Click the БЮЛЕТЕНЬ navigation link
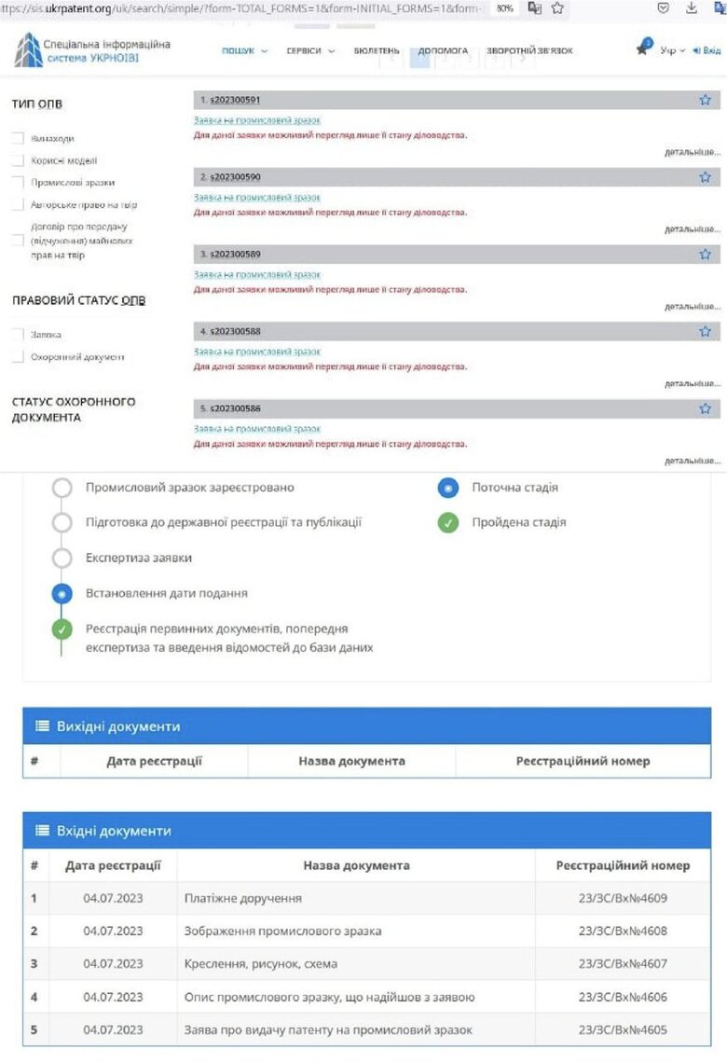[x=377, y=50]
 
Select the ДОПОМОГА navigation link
[x=443, y=50]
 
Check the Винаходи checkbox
[x=18, y=138]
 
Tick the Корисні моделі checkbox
[x=18, y=160]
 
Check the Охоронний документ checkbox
[x=18, y=356]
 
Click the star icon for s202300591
[x=705, y=100]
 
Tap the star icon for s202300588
[x=705, y=331]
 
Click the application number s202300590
[x=235, y=177]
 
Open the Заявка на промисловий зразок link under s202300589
[x=256, y=275]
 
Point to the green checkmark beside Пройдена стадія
[x=448, y=523]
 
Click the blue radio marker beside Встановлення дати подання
[x=62, y=593]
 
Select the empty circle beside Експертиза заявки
[x=62, y=558]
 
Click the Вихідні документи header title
[x=118, y=726]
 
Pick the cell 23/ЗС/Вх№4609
[x=623, y=899]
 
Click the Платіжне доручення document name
[x=243, y=899]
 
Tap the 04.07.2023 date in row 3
[x=113, y=963]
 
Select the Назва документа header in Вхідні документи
[x=356, y=865]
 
